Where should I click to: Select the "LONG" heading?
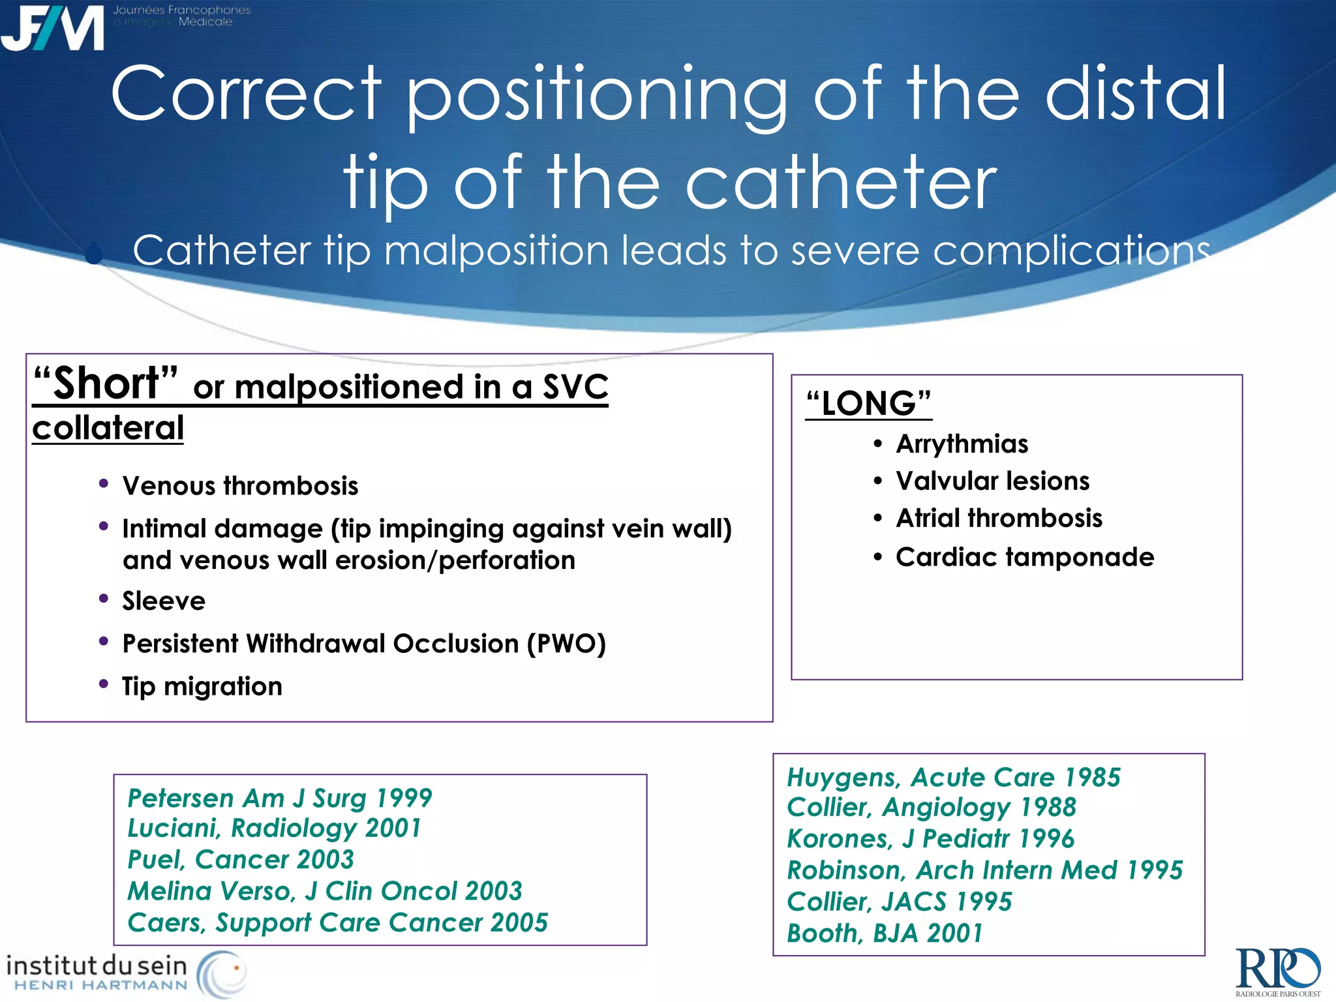[868, 403]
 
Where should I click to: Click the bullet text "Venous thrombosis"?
[240, 486]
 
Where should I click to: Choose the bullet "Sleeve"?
[164, 601]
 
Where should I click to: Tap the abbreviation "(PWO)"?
[566, 644]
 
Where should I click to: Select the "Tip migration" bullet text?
[202, 686]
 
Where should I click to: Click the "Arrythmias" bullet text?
[962, 444]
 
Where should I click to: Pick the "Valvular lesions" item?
[992, 481]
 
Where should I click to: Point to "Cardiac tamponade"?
[1024, 557]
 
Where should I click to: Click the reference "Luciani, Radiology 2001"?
[274, 828]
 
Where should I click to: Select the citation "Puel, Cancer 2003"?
[240, 860]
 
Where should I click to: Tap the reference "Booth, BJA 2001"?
[884, 934]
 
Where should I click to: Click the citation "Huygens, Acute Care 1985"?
[953, 778]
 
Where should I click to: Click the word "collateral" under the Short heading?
[108, 429]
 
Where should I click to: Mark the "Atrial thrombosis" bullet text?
[999, 519]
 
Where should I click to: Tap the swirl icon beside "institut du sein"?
[222, 973]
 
